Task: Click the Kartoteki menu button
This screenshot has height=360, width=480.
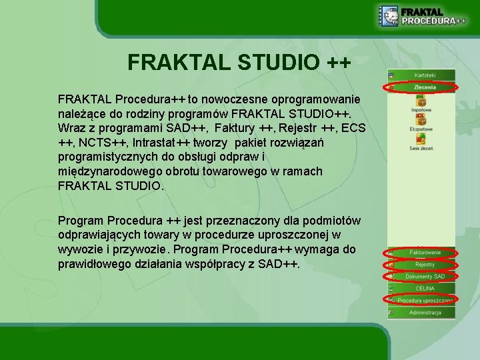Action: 424,75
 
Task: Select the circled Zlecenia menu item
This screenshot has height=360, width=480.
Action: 424,87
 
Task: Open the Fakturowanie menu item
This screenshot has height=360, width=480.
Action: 424,253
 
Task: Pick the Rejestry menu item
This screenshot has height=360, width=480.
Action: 424,265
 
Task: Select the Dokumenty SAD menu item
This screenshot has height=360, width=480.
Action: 424,276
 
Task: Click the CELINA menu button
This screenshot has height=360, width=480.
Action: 424,288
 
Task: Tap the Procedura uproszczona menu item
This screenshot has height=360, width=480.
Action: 424,300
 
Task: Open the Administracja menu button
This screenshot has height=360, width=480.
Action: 424,312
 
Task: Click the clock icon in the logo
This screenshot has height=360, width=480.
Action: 389,15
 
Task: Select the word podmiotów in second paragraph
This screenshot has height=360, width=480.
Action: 333,220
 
